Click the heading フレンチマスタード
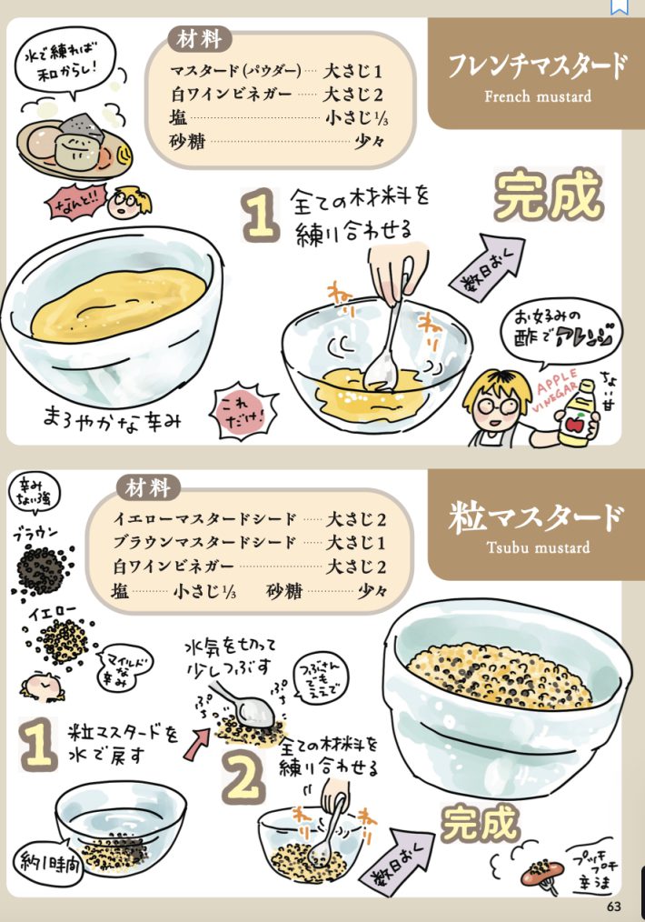[x=537, y=67]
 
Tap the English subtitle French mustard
[x=537, y=96]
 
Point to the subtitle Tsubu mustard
[x=537, y=547]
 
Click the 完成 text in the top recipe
[x=549, y=195]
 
